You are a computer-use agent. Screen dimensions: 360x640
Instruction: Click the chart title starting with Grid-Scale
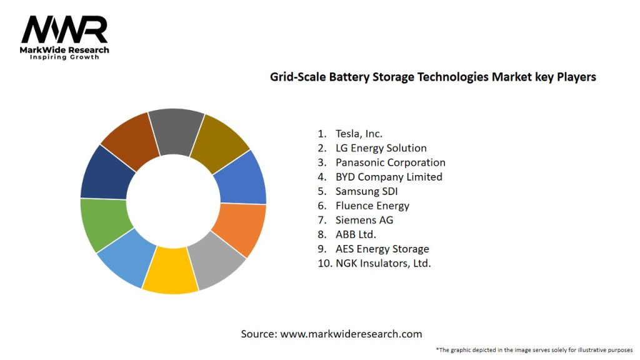pyautogui.click(x=432, y=77)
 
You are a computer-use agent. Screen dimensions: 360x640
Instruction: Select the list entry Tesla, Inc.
pyautogui.click(x=359, y=133)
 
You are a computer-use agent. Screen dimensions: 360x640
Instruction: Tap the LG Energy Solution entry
pyautogui.click(x=381, y=148)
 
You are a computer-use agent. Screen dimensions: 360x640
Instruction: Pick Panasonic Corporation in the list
pyautogui.click(x=390, y=162)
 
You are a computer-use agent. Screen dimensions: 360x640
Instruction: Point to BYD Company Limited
pyautogui.click(x=388, y=177)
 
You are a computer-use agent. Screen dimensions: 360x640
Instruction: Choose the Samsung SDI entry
pyautogui.click(x=366, y=191)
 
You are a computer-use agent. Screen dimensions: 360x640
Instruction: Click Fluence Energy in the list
pyautogui.click(x=372, y=206)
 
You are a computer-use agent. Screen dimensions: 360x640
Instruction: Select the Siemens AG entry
pyautogui.click(x=364, y=220)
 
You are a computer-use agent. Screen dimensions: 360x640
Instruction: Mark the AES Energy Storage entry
pyautogui.click(x=382, y=249)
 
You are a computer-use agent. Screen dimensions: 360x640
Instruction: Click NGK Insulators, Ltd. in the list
pyautogui.click(x=382, y=263)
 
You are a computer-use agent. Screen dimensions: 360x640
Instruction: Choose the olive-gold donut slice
pyautogui.click(x=219, y=143)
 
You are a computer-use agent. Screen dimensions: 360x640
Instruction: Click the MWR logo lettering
pyautogui.click(x=64, y=29)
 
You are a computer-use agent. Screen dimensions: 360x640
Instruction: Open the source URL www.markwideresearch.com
pyautogui.click(x=351, y=334)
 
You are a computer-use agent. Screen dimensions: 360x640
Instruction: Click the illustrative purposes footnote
pyautogui.click(x=534, y=349)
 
